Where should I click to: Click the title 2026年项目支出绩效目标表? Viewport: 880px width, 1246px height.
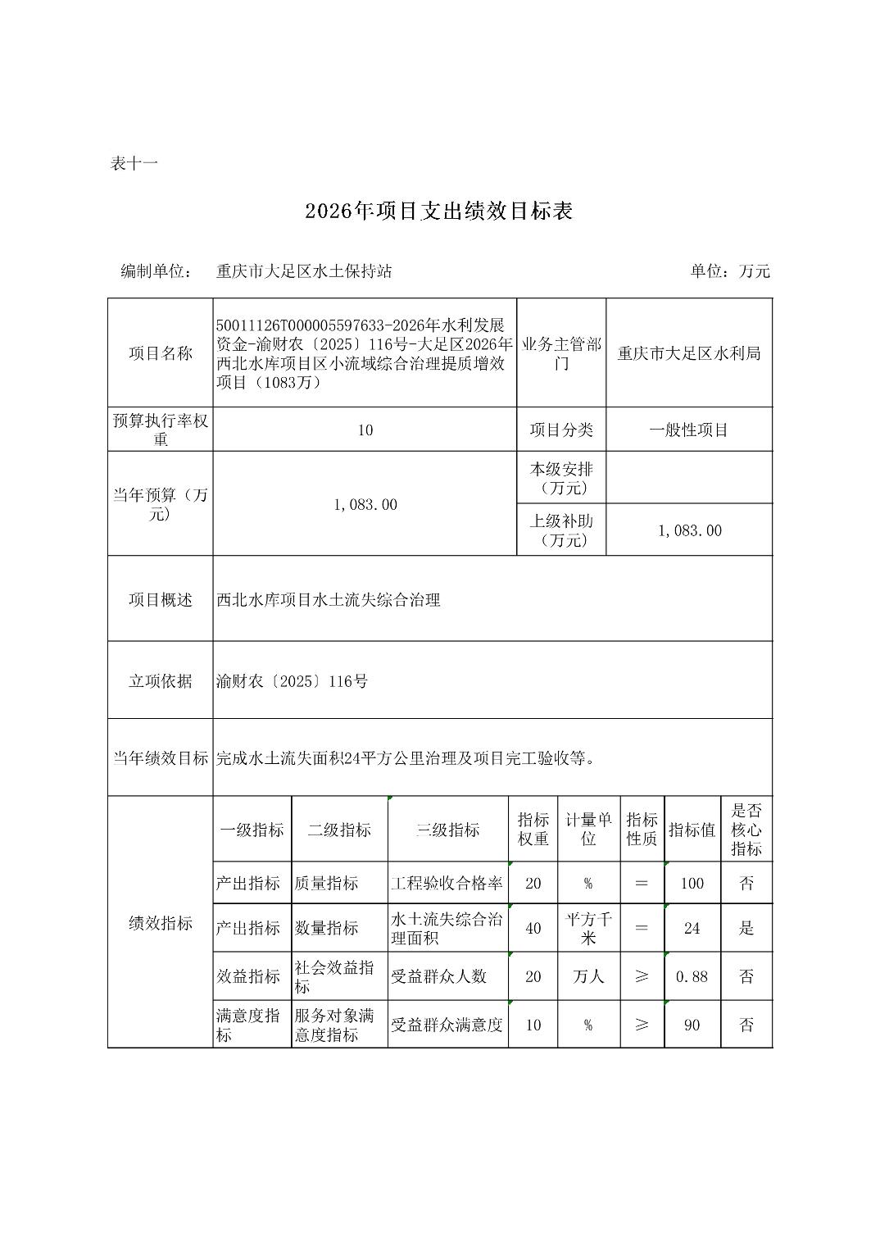tap(438, 211)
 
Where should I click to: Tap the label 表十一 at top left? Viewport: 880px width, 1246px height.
tap(134, 163)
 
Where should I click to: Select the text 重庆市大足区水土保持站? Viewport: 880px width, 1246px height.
tap(304, 271)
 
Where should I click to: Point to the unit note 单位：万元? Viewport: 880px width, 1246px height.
tap(729, 271)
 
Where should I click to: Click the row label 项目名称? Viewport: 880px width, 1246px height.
tap(160, 353)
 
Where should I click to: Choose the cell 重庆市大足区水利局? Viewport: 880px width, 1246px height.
tap(688, 353)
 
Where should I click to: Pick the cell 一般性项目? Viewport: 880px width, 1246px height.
tap(688, 430)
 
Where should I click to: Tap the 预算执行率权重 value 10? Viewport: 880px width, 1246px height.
tap(365, 430)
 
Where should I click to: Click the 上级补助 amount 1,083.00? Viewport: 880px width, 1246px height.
tap(689, 530)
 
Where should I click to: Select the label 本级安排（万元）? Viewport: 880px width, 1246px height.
tap(561, 478)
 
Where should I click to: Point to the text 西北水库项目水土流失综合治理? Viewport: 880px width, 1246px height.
tap(328, 600)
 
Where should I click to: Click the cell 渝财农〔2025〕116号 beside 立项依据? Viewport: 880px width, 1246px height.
tap(292, 681)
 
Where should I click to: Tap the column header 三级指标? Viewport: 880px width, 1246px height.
tap(447, 830)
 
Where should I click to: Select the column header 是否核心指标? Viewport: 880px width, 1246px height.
tap(746, 830)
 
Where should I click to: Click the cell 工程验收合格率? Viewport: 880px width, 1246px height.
tap(447, 883)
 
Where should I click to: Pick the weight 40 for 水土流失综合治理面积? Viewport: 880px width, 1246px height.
tap(533, 928)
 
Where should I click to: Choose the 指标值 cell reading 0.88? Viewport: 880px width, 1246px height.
tap(692, 976)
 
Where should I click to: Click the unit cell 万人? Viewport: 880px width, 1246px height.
tap(587, 976)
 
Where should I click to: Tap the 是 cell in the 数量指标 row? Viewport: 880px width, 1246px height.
tap(746, 928)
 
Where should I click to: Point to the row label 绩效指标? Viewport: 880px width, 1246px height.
tap(160, 923)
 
